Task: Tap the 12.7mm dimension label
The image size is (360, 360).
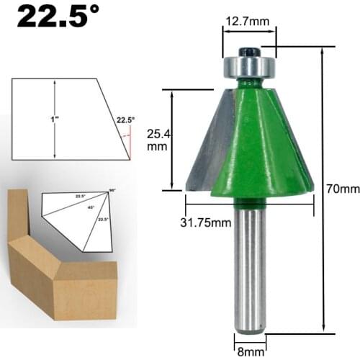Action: point(247,21)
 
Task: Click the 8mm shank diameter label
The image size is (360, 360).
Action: point(249,352)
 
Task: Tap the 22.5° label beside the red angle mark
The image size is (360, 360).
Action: point(125,120)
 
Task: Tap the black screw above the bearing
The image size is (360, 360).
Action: point(248,51)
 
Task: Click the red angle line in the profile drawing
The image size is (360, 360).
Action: point(127,145)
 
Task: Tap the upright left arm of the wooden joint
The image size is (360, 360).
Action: point(17,216)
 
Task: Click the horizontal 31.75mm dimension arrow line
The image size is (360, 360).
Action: point(248,204)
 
